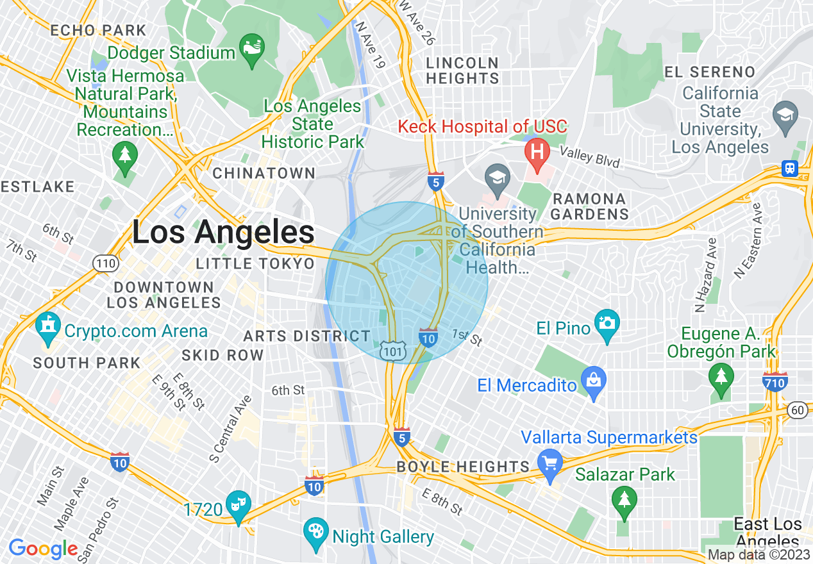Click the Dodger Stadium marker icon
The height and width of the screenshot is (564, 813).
click(251, 49)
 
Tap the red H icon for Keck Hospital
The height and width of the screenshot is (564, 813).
click(537, 152)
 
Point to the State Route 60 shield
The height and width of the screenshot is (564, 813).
click(798, 410)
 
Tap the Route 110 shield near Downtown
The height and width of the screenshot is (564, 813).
click(104, 263)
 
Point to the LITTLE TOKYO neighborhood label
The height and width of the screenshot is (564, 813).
click(255, 264)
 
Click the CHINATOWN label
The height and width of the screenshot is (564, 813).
click(264, 173)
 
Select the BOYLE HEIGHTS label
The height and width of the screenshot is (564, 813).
click(463, 467)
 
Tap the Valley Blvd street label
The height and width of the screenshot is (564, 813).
click(589, 157)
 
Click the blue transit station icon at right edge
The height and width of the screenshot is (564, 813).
click(789, 168)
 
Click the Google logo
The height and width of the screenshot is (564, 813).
click(43, 549)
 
